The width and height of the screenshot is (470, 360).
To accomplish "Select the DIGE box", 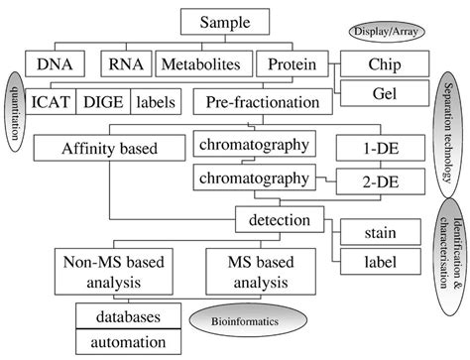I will click(105, 100).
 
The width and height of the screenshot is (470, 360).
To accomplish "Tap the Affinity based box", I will click(97, 149).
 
